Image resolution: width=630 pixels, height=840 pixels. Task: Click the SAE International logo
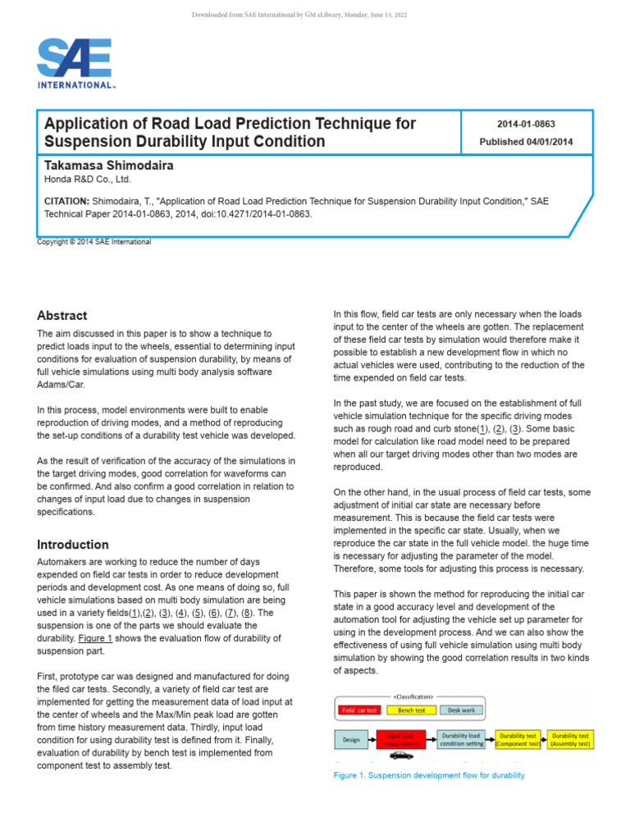pyautogui.click(x=75, y=64)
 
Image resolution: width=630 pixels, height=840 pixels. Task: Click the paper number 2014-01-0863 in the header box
pyautogui.click(x=526, y=125)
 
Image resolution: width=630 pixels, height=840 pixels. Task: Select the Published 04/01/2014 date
pyautogui.click(x=526, y=142)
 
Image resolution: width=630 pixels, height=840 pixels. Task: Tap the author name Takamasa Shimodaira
pyautogui.click(x=108, y=166)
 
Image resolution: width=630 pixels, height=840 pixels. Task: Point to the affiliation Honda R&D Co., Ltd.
pyautogui.click(x=87, y=180)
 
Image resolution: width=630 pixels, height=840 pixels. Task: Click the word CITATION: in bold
pyautogui.click(x=66, y=200)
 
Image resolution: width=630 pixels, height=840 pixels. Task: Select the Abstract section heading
pyautogui.click(x=62, y=316)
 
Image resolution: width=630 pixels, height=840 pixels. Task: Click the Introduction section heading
pyautogui.click(x=73, y=545)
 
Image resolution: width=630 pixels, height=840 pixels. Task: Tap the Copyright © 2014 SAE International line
pyautogui.click(x=94, y=242)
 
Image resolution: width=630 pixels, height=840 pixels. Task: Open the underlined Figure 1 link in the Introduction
pyautogui.click(x=97, y=638)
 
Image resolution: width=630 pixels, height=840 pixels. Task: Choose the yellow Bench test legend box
pyautogui.click(x=410, y=710)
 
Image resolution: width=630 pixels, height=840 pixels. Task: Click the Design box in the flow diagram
pyautogui.click(x=350, y=739)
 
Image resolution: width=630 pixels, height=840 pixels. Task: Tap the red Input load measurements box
pyautogui.click(x=405, y=739)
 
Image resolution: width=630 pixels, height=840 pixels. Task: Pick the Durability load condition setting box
pyautogui.click(x=461, y=739)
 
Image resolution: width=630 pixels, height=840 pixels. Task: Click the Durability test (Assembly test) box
pyautogui.click(x=570, y=739)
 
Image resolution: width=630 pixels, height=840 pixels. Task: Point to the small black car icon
pyautogui.click(x=401, y=756)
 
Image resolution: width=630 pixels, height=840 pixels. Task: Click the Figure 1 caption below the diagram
pyautogui.click(x=428, y=775)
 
